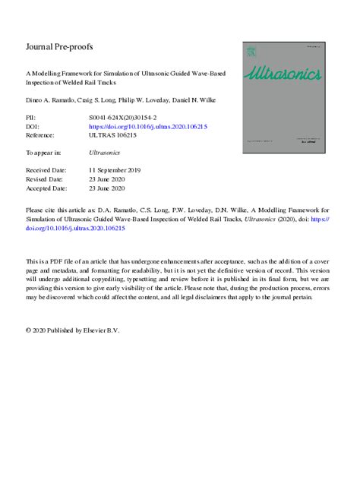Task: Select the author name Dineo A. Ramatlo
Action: pos(51,100)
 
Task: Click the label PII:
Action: pos(33,119)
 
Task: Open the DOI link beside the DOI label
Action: pos(148,128)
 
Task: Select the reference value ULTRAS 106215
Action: pos(115,136)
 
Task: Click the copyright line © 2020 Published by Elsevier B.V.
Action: pos(73,331)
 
